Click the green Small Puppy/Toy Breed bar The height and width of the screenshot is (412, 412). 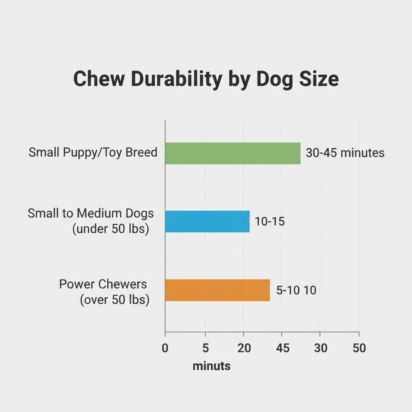(233, 153)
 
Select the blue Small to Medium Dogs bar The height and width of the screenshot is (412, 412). (207, 221)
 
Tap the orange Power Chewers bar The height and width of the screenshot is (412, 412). (217, 290)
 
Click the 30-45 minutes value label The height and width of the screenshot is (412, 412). (345, 153)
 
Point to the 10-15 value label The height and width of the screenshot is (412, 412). (270, 221)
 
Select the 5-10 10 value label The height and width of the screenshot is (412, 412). (296, 290)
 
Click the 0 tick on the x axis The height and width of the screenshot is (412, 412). (165, 348)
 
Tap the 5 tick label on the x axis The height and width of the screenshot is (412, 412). (205, 348)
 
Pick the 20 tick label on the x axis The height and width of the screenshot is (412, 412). (243, 348)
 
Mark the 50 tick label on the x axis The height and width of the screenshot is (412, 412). (359, 348)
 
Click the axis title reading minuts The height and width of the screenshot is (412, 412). (212, 366)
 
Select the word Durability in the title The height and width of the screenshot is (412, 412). (176, 79)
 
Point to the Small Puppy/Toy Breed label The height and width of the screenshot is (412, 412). (93, 153)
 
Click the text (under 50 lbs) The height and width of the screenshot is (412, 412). (111, 230)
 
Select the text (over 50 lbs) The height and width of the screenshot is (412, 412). (115, 300)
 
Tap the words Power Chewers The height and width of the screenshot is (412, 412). (103, 284)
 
